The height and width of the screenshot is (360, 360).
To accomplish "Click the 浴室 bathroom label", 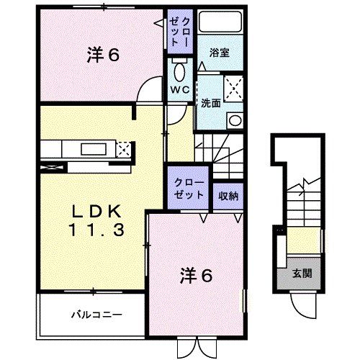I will pos(220,53).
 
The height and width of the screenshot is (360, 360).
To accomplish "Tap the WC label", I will pos(179,90).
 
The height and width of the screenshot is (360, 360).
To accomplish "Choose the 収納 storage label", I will pos(228,194).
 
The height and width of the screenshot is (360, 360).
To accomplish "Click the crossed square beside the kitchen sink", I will pos(124,150).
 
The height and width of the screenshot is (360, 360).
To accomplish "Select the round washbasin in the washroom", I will pos(234,120).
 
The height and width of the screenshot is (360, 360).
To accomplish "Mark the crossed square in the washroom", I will pos(233,91).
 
